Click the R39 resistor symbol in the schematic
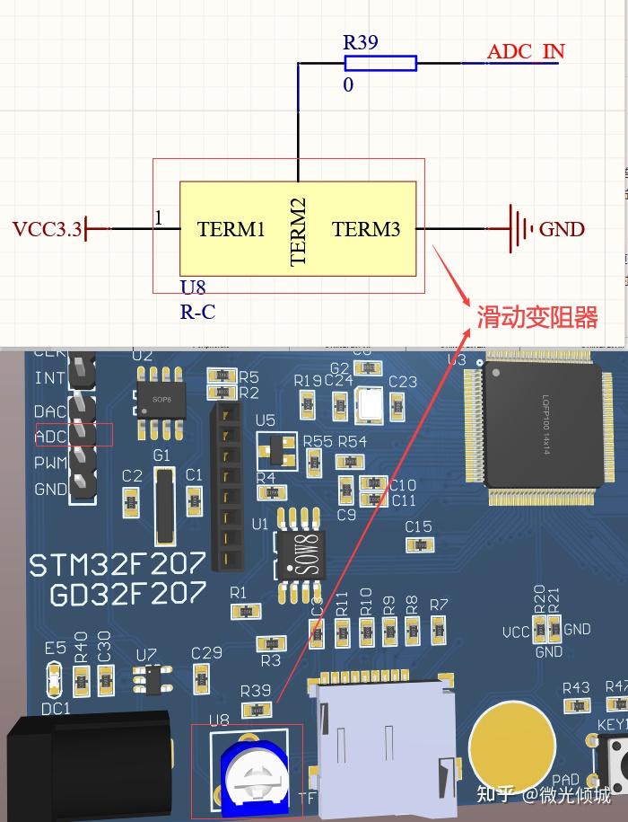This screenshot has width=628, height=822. coord(380,62)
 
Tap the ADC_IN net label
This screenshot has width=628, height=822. coord(526,51)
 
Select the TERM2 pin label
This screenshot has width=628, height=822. coord(299,232)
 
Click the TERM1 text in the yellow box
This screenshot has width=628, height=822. coord(231,229)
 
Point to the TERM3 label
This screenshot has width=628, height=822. coord(366,229)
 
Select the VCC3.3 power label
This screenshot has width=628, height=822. coord(47,229)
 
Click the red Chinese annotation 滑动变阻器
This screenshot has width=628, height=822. coord(536,317)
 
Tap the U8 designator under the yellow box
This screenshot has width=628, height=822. coord(193,287)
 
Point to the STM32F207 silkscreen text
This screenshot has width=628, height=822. coord(118,564)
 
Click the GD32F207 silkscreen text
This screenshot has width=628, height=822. coord(127,595)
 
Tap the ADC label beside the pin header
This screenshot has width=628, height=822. coord(50,437)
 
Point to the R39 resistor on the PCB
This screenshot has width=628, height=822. coord(257,710)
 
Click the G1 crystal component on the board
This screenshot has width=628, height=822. coord(163,508)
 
